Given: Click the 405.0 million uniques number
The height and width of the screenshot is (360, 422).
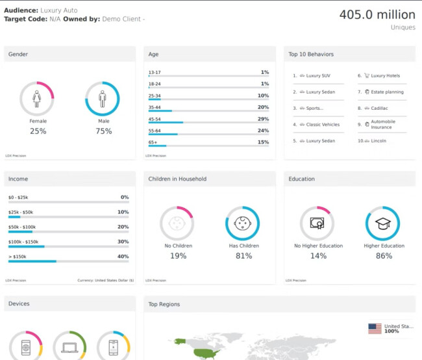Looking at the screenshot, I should click(377, 14).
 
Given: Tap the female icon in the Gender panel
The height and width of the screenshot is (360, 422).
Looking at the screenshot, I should click(37, 99).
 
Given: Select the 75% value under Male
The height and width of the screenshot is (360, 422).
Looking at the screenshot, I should click(103, 131).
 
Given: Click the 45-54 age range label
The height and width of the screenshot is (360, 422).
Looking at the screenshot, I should click(155, 119).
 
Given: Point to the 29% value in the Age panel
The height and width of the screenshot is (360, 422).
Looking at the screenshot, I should click(263, 119).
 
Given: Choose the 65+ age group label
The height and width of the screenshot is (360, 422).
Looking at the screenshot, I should click(153, 142).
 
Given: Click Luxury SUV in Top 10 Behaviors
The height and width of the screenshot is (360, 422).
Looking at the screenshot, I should click(318, 75).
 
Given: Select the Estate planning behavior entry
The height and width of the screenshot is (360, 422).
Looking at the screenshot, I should click(387, 92).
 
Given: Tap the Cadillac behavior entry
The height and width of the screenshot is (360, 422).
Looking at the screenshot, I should click(380, 108).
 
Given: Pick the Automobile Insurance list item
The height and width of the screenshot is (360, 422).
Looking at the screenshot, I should click(382, 124).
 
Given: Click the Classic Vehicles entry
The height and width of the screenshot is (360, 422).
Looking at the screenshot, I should click(323, 124).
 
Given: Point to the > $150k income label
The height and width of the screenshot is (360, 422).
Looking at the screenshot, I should click(18, 256).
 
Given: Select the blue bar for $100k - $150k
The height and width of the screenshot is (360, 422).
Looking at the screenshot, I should click(26, 246).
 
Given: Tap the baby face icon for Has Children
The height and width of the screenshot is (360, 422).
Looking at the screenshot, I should click(242, 224).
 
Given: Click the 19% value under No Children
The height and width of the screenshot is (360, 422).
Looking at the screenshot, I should click(178, 256).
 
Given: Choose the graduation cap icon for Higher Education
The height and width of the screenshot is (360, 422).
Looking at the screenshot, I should click(382, 224).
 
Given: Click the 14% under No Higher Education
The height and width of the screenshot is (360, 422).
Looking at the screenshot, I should click(318, 256).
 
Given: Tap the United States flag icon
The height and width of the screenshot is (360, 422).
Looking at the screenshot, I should click(375, 329).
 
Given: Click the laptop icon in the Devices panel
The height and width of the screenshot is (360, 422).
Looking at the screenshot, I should click(69, 348).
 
